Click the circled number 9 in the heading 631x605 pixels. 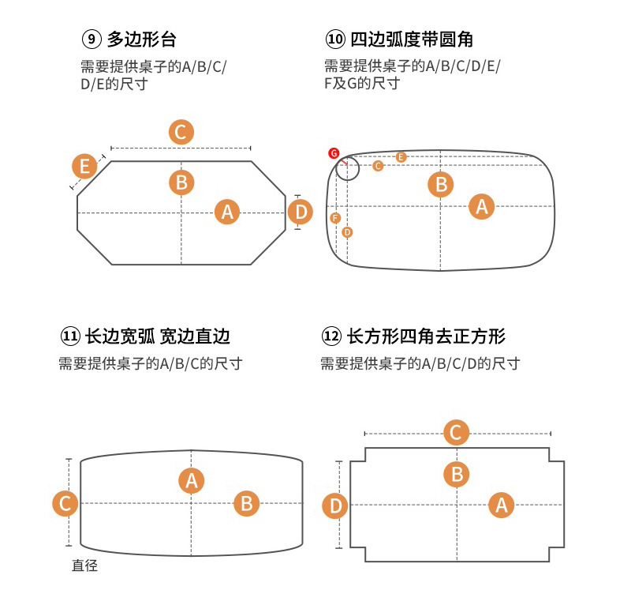click(x=92, y=39)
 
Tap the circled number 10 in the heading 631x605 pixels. click(x=335, y=39)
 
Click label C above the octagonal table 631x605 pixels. click(x=181, y=132)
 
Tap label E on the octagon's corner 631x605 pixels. click(x=84, y=167)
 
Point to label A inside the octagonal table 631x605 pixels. click(x=227, y=212)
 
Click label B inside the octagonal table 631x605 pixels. click(x=181, y=182)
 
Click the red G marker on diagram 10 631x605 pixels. click(x=334, y=152)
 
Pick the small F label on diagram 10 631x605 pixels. click(x=335, y=218)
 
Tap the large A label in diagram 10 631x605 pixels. click(x=481, y=206)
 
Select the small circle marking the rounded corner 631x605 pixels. click(x=347, y=168)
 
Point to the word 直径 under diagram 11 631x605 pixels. click(x=84, y=566)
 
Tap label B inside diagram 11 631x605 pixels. click(x=246, y=503)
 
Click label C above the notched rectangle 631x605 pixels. click(x=456, y=433)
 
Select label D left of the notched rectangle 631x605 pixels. click(x=336, y=505)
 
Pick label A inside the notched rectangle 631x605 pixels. click(x=501, y=504)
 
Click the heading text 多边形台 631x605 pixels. click(x=142, y=39)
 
